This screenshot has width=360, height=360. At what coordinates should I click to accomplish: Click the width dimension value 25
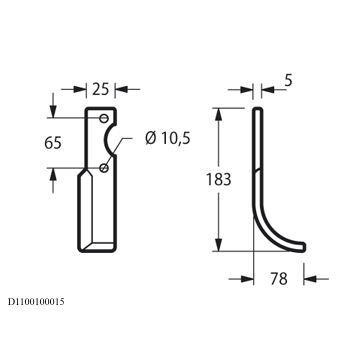[100, 89]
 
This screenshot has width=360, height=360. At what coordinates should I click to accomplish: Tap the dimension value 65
[53, 143]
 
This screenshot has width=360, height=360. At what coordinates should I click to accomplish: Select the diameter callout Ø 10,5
[168, 138]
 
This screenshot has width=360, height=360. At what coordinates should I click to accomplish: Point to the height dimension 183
[218, 179]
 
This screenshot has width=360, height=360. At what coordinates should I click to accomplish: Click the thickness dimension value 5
[288, 81]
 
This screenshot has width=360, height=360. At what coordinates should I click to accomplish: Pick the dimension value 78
[279, 279]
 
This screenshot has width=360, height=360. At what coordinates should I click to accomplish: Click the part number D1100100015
[36, 302]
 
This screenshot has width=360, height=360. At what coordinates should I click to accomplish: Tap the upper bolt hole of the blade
[104, 118]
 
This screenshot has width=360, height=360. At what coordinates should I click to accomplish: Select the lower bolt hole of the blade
[104, 168]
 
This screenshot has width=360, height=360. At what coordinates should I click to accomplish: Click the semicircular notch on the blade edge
[108, 141]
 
